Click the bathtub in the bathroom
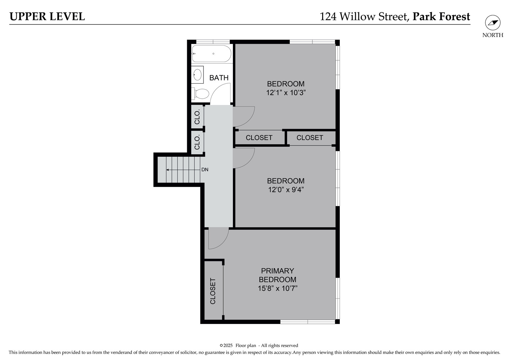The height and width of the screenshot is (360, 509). pos(212,54)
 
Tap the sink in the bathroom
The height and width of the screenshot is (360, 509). pos(198,75)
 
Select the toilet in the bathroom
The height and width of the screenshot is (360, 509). pos(200,94)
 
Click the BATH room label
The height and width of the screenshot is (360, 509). pos(219,78)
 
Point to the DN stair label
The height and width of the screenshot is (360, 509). pos(205,170)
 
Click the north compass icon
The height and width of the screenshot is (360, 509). pos(493,23)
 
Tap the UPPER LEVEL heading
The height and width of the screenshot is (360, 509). pos(47,16)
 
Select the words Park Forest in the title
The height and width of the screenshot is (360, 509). pos(441,16)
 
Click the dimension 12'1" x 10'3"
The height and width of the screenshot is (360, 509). pos(286,93)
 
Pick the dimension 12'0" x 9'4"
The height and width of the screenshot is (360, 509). pos(286,190)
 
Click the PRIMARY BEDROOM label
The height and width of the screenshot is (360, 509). pos(277,275)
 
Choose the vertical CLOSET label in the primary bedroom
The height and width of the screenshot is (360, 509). pos(213,291)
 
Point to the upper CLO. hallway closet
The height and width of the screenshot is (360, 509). pos(197,117)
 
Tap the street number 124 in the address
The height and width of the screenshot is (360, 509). pos(328,16)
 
